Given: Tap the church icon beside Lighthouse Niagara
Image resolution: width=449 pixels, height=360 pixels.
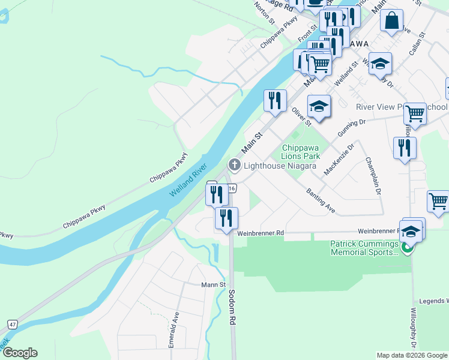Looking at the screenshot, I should [x=234, y=164].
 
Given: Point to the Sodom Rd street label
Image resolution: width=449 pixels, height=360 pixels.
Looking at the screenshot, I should [x=231, y=307].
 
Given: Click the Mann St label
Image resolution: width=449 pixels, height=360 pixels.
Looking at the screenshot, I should [x=213, y=285].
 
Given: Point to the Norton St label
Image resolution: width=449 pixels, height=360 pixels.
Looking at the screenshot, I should [x=264, y=13].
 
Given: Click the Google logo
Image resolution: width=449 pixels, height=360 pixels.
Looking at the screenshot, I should [x=20, y=353].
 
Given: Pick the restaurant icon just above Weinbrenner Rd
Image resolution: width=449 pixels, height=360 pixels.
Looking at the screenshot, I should [x=226, y=218].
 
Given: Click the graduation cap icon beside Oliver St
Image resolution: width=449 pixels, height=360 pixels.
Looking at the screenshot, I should [x=319, y=107].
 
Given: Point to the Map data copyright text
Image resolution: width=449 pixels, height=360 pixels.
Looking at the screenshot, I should [x=411, y=355].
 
